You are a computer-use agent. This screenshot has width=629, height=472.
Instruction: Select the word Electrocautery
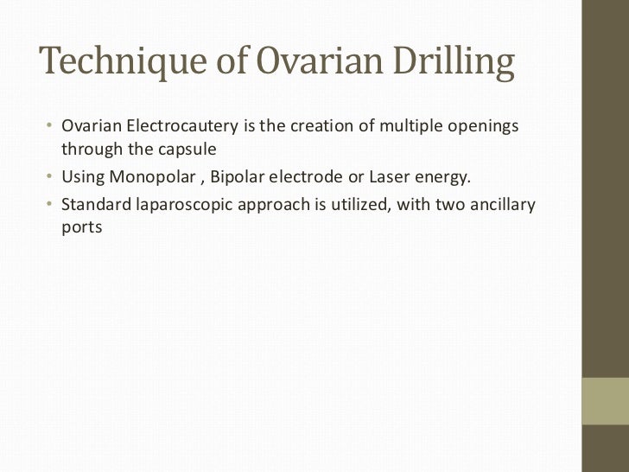(x=181, y=126)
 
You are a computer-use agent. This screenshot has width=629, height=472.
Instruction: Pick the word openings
(x=486, y=127)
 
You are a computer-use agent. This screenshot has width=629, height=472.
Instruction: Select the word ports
(x=82, y=229)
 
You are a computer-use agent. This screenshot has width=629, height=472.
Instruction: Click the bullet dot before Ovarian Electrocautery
(x=50, y=127)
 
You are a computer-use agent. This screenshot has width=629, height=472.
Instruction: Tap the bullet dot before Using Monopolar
(x=50, y=179)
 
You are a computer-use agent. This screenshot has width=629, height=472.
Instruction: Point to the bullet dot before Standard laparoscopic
(x=50, y=206)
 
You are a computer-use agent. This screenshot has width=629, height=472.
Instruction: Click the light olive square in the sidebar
(x=606, y=400)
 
